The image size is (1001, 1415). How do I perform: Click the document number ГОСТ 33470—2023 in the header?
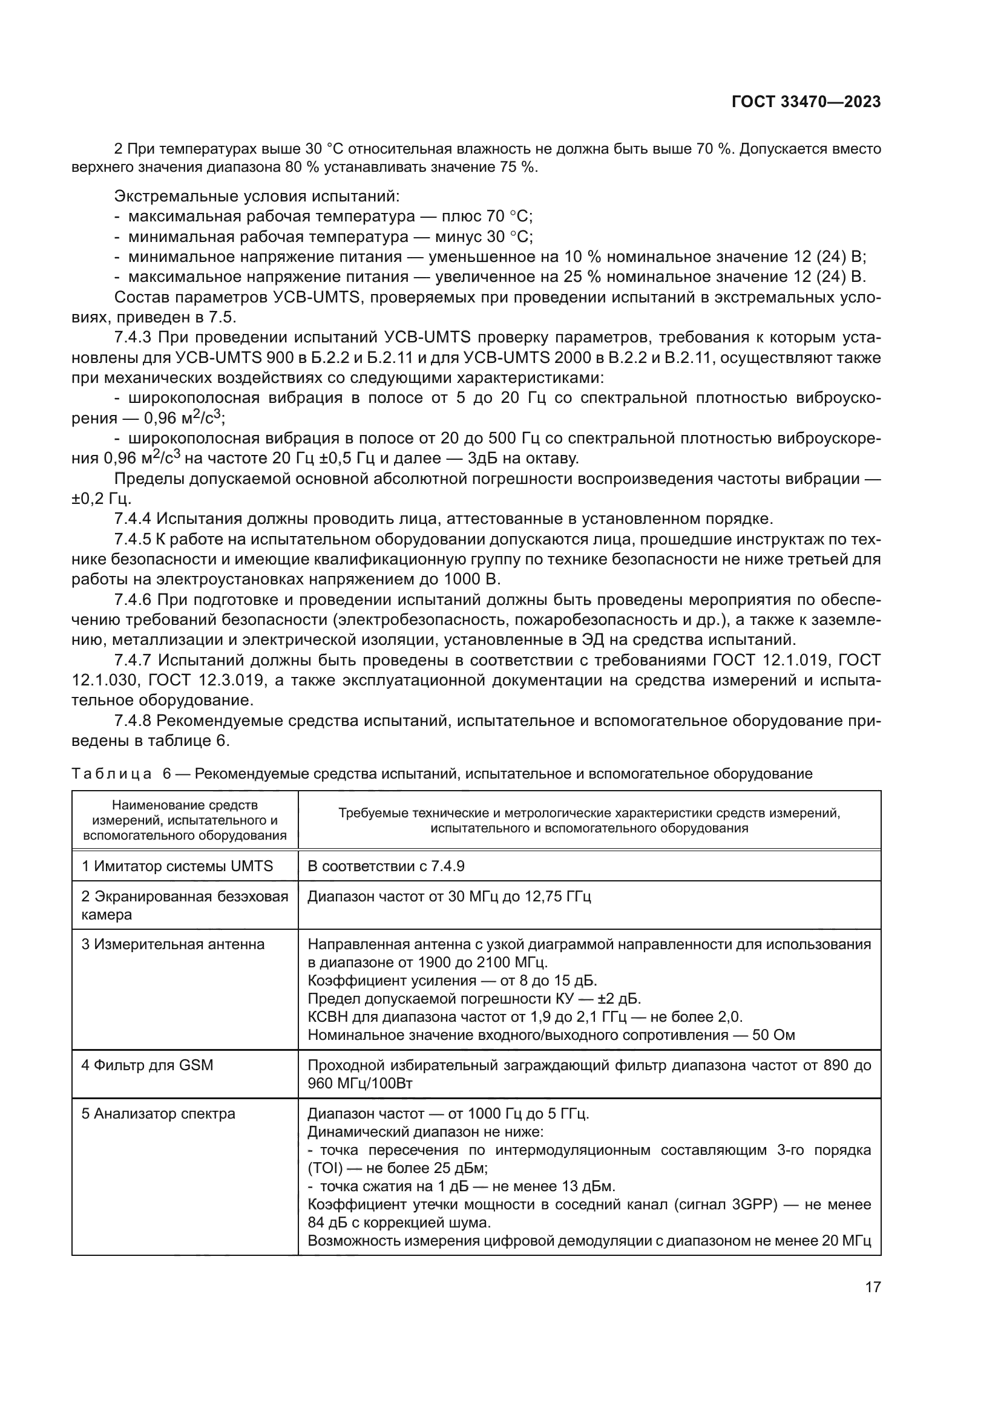[x=806, y=102]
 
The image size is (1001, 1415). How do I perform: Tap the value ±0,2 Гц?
[x=101, y=498]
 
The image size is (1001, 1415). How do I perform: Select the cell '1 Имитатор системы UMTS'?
[x=177, y=866]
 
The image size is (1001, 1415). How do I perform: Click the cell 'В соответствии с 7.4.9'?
[x=386, y=866]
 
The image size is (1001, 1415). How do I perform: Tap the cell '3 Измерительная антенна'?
[x=173, y=945]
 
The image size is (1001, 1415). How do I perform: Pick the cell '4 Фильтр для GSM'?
[x=147, y=1065]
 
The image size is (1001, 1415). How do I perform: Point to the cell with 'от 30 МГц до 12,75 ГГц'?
[x=448, y=897]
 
